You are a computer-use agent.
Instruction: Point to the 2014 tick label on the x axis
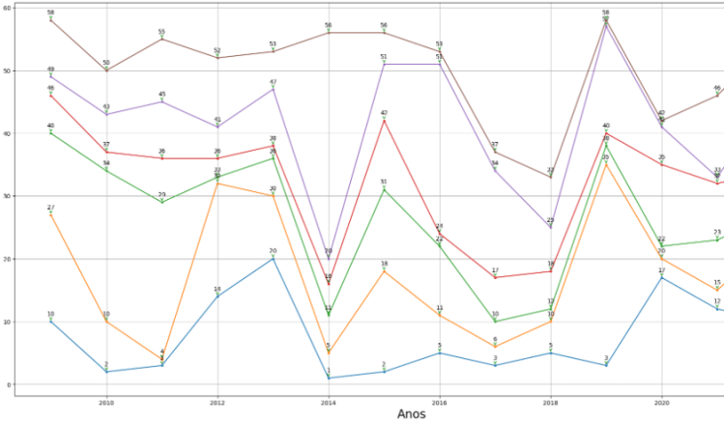pos(329,400)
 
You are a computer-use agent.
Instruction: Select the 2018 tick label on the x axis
pos(550,400)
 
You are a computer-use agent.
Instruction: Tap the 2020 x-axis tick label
pos(661,400)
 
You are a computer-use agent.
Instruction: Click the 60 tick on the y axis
pos(8,8)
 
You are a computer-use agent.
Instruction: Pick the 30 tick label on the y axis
pos(8,196)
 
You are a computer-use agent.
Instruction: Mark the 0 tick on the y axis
pos(10,384)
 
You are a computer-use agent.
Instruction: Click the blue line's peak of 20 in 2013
pos(273,259)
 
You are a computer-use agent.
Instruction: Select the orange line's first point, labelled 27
pos(50,214)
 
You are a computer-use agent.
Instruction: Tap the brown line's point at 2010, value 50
pos(106,70)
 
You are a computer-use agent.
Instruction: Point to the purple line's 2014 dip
pos(329,259)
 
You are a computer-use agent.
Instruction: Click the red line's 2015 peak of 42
pos(384,121)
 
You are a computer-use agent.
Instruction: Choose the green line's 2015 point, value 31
pos(384,189)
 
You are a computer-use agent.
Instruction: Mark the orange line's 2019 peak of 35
pos(606,164)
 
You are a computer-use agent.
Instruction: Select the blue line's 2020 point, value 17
pos(661,278)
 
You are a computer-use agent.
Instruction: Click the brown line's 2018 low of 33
pos(550,177)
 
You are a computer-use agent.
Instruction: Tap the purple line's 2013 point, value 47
pos(273,89)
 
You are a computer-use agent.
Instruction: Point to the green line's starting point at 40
pos(50,133)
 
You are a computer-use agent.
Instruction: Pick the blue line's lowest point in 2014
pos(329,378)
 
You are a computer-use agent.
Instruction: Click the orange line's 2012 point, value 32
pos(217,183)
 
